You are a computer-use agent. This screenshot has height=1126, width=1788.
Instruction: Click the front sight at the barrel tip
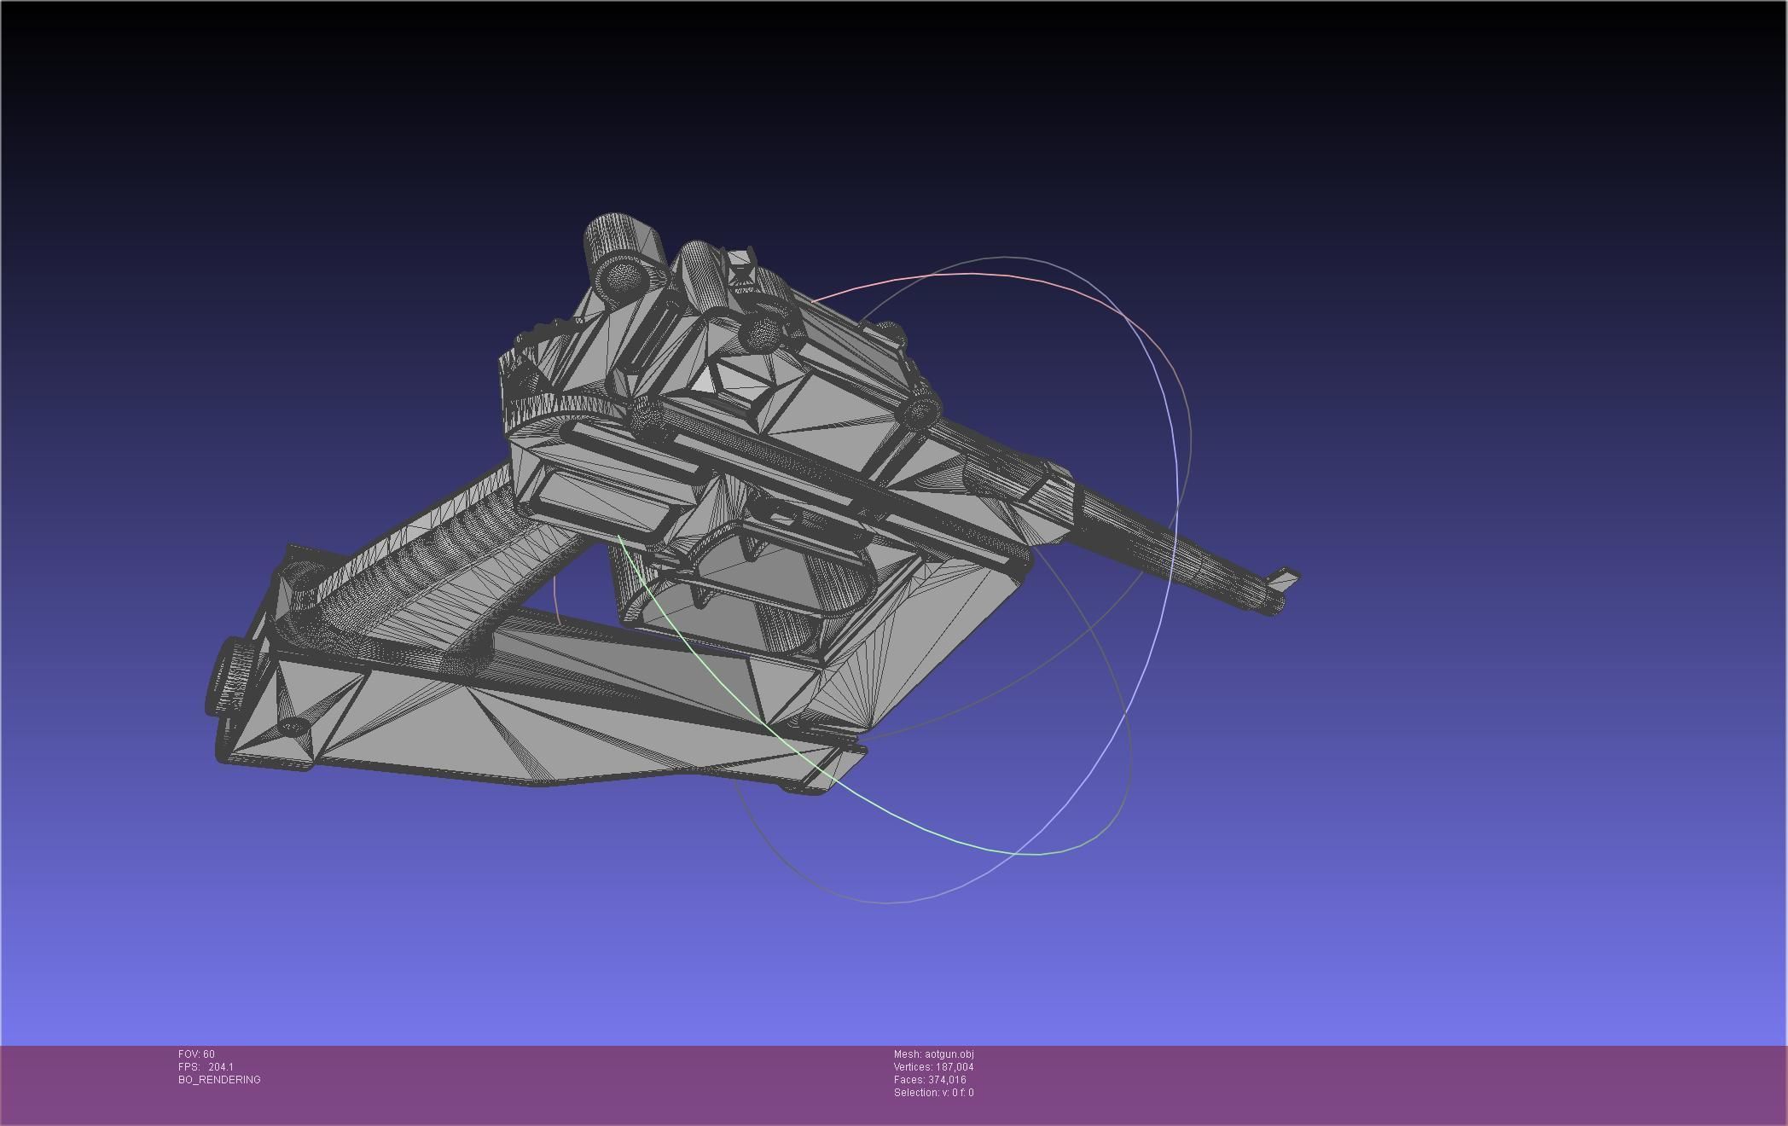click(1285, 579)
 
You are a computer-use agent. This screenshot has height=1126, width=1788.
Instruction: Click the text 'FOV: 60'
click(197, 1054)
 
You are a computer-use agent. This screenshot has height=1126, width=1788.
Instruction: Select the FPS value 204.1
click(220, 1067)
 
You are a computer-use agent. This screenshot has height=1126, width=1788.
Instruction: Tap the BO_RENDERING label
click(219, 1080)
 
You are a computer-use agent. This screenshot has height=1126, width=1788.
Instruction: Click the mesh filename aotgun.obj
click(949, 1054)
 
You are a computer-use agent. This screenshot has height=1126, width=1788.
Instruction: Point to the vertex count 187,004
click(954, 1067)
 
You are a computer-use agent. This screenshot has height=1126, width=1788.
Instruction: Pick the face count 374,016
click(947, 1080)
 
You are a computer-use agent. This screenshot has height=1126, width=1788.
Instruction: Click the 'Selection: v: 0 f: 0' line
click(933, 1093)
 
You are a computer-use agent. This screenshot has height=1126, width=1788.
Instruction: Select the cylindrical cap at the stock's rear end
click(229, 678)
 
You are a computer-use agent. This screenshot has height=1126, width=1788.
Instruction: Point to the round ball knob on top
click(763, 334)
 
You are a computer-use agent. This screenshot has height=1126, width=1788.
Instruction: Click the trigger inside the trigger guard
click(751, 546)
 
